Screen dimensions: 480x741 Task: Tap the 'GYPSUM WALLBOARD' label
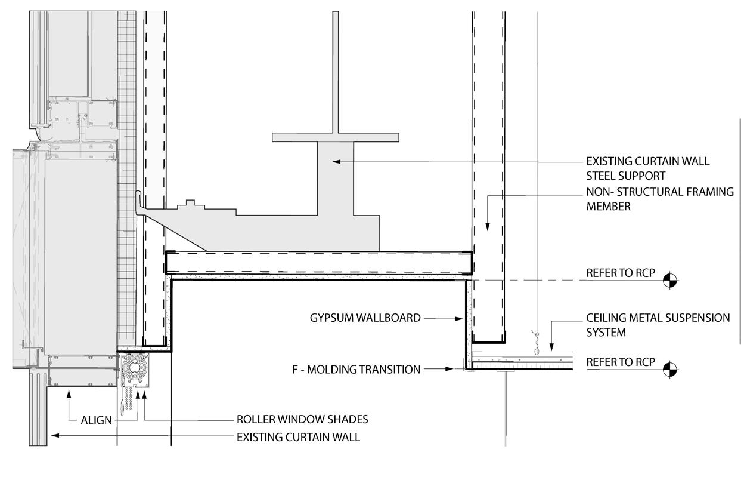click(365, 318)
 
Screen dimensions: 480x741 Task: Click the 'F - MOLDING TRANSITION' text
click(356, 370)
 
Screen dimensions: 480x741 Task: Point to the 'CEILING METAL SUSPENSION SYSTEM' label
click(658, 325)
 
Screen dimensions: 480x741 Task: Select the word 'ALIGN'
click(96, 420)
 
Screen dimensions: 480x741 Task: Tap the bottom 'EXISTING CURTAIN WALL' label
click(298, 437)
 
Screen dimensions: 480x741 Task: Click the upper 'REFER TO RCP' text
click(621, 273)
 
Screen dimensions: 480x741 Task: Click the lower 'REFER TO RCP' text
click(621, 362)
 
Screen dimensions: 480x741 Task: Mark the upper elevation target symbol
click(671, 280)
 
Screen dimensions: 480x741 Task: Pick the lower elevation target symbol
click(671, 370)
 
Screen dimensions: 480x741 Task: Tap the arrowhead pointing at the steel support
click(336, 161)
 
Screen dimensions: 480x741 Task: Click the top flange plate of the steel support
click(336, 137)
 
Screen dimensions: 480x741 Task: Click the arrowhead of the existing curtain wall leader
click(54, 436)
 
